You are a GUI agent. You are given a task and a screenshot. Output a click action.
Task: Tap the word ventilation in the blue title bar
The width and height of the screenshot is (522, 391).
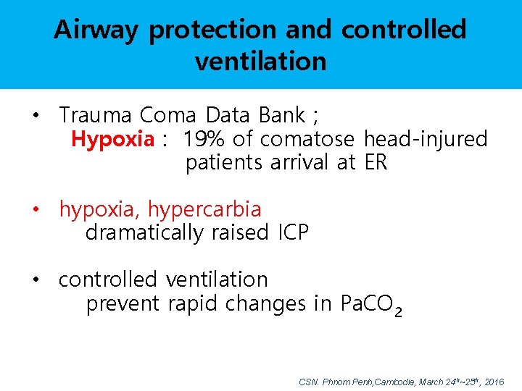260,62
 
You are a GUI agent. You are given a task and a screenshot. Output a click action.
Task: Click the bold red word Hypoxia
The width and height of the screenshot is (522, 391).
112,139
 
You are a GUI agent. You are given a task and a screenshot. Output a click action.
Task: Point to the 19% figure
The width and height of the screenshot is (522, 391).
204,139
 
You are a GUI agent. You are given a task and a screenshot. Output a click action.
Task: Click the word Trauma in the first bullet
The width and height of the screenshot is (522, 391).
96,115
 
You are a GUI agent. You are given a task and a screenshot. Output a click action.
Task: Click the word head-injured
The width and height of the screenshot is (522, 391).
426,139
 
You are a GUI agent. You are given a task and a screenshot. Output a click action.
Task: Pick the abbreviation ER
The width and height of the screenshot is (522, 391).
376,163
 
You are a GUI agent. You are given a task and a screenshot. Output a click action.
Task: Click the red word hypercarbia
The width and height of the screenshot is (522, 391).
204,210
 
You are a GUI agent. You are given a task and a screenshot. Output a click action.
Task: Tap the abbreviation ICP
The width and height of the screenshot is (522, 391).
293,233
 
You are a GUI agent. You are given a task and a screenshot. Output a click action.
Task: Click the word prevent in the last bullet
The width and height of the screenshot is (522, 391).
122,304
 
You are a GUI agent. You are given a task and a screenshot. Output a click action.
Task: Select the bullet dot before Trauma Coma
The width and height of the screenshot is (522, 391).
35,116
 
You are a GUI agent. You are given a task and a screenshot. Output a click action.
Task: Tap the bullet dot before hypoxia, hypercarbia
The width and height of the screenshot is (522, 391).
35,210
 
